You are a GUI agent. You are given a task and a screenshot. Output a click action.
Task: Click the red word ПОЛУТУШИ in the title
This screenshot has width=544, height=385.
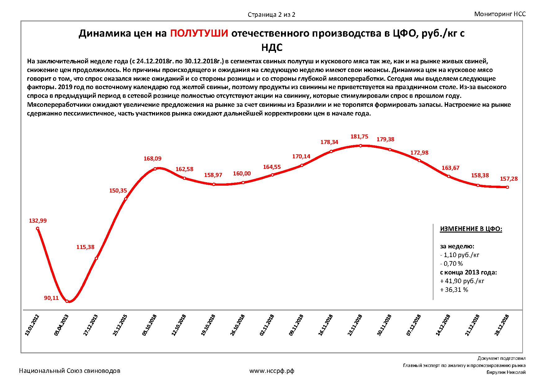point(199,33)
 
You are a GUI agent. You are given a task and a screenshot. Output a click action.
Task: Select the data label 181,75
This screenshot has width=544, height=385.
point(359,136)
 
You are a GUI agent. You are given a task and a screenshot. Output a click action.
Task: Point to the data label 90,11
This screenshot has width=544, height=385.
point(51,298)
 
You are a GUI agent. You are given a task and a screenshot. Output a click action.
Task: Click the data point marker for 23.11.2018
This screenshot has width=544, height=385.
point(360,145)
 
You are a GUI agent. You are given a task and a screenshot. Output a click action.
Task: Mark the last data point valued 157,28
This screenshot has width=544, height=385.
point(507,187)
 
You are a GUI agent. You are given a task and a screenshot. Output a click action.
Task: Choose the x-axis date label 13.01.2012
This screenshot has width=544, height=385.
point(32,325)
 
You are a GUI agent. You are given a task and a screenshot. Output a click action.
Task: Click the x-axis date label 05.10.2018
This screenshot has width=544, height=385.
point(149,325)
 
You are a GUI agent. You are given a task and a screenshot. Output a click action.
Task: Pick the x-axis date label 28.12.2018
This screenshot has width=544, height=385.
point(502,325)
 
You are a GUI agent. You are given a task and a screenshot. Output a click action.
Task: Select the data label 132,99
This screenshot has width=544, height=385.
point(38,221)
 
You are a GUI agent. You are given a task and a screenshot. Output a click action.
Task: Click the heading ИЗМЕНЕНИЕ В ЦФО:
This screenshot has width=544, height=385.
point(471,229)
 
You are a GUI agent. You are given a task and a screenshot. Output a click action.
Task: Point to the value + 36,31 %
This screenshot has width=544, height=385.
point(454,290)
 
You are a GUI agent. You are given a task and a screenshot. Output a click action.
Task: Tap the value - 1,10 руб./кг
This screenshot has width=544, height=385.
point(460,255)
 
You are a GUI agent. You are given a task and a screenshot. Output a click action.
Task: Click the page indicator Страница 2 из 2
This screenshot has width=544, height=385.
point(271,15)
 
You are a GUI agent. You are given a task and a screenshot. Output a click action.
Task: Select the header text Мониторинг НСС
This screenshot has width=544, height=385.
point(500,14)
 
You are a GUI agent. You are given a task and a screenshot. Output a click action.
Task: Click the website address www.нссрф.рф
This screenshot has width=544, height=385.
point(272,371)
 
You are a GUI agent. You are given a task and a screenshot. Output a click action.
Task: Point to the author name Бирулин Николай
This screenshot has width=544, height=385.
point(506,372)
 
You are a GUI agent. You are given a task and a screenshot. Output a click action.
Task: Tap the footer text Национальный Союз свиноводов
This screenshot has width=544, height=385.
point(70,371)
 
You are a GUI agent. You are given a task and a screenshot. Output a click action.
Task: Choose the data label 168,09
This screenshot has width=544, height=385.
point(153,159)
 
